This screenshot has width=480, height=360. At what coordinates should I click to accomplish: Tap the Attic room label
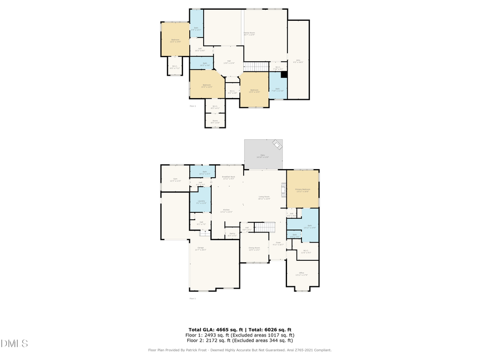point(298,61)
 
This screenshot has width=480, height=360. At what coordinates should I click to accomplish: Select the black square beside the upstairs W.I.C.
point(284,75)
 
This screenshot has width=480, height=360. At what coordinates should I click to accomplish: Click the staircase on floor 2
point(256,66)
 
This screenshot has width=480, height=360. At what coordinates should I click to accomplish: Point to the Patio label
point(262,156)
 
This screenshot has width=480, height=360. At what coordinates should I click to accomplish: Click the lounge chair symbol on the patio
point(277,144)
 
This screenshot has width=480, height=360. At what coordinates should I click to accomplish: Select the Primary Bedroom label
point(302,189)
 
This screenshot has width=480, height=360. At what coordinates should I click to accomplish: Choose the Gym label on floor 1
point(175,180)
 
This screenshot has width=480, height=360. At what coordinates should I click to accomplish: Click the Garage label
point(201,249)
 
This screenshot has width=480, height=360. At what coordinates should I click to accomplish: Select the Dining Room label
point(254,248)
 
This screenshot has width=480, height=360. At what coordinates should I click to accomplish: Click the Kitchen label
point(226,210)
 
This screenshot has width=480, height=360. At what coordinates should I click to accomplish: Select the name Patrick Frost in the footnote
point(194,350)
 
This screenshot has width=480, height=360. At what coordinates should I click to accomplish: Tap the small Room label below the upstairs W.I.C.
point(215,121)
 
